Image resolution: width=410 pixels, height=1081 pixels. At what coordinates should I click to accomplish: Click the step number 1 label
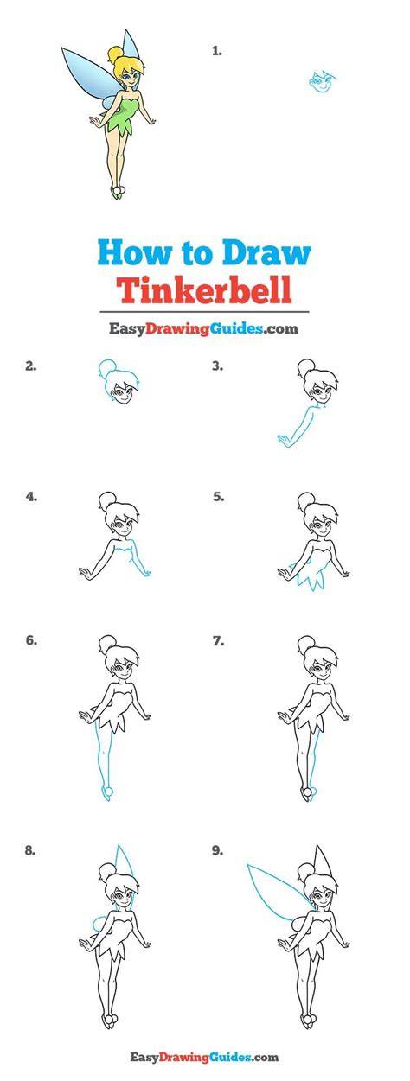coord(217,51)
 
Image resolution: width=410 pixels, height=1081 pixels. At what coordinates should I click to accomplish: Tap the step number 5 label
coord(218,496)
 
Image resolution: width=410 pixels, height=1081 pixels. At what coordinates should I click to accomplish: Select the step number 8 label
coord(30,864)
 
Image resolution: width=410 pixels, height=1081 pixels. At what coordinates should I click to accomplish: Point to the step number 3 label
coord(217,366)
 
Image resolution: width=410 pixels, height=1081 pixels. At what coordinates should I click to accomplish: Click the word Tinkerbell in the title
coord(206,289)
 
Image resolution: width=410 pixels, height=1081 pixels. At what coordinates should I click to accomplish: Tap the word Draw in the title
coord(266,252)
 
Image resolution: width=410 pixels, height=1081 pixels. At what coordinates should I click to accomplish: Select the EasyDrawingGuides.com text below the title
coord(203,329)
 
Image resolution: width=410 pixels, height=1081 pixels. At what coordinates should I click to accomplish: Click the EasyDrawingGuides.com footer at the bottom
coord(204,1067)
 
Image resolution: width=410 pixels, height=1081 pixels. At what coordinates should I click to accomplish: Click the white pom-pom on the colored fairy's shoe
coord(119,188)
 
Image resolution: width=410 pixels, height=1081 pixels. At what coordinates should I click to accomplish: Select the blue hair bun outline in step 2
coord(106,368)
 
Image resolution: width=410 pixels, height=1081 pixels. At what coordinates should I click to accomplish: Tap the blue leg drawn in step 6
coord(104,763)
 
